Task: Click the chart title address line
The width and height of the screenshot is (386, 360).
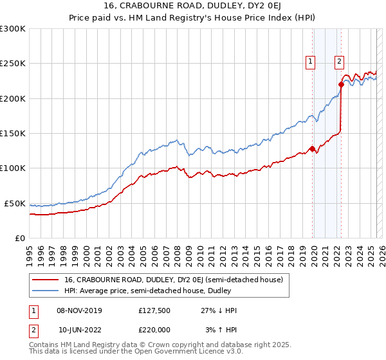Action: pyautogui.click(x=193, y=5)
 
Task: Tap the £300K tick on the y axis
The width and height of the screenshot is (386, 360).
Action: pyautogui.click(x=13, y=29)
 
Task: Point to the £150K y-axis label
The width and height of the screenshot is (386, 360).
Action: pyautogui.click(x=13, y=134)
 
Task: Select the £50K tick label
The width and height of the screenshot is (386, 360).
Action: pyautogui.click(x=15, y=203)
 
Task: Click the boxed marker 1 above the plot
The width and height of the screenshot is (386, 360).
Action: pyautogui.click(x=310, y=62)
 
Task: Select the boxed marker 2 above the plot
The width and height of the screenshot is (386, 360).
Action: pyautogui.click(x=339, y=62)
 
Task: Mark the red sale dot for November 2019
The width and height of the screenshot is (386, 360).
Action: pyautogui.click(x=312, y=149)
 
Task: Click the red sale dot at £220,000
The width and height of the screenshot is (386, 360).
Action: pyautogui.click(x=341, y=84)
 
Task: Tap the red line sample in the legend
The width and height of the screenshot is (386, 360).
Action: pyautogui.click(x=45, y=280)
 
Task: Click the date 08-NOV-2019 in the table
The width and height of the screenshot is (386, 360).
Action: pyautogui.click(x=80, y=310)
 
